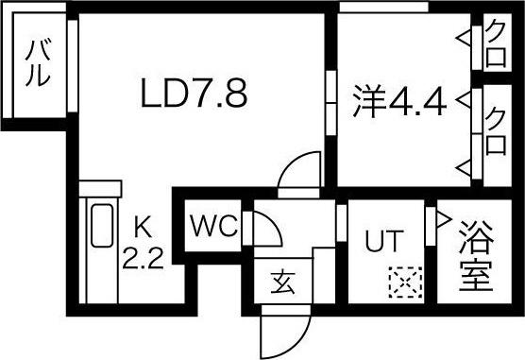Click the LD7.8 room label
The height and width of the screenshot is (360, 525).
tap(195, 94)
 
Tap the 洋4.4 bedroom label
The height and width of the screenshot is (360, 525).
tap(400, 100)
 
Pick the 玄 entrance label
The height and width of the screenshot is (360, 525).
tap(280, 281)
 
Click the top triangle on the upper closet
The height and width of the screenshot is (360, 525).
tap(464, 38)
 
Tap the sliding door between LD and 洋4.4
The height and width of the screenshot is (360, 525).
tap(331, 95)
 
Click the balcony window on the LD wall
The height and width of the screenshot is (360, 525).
tap(71, 63)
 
